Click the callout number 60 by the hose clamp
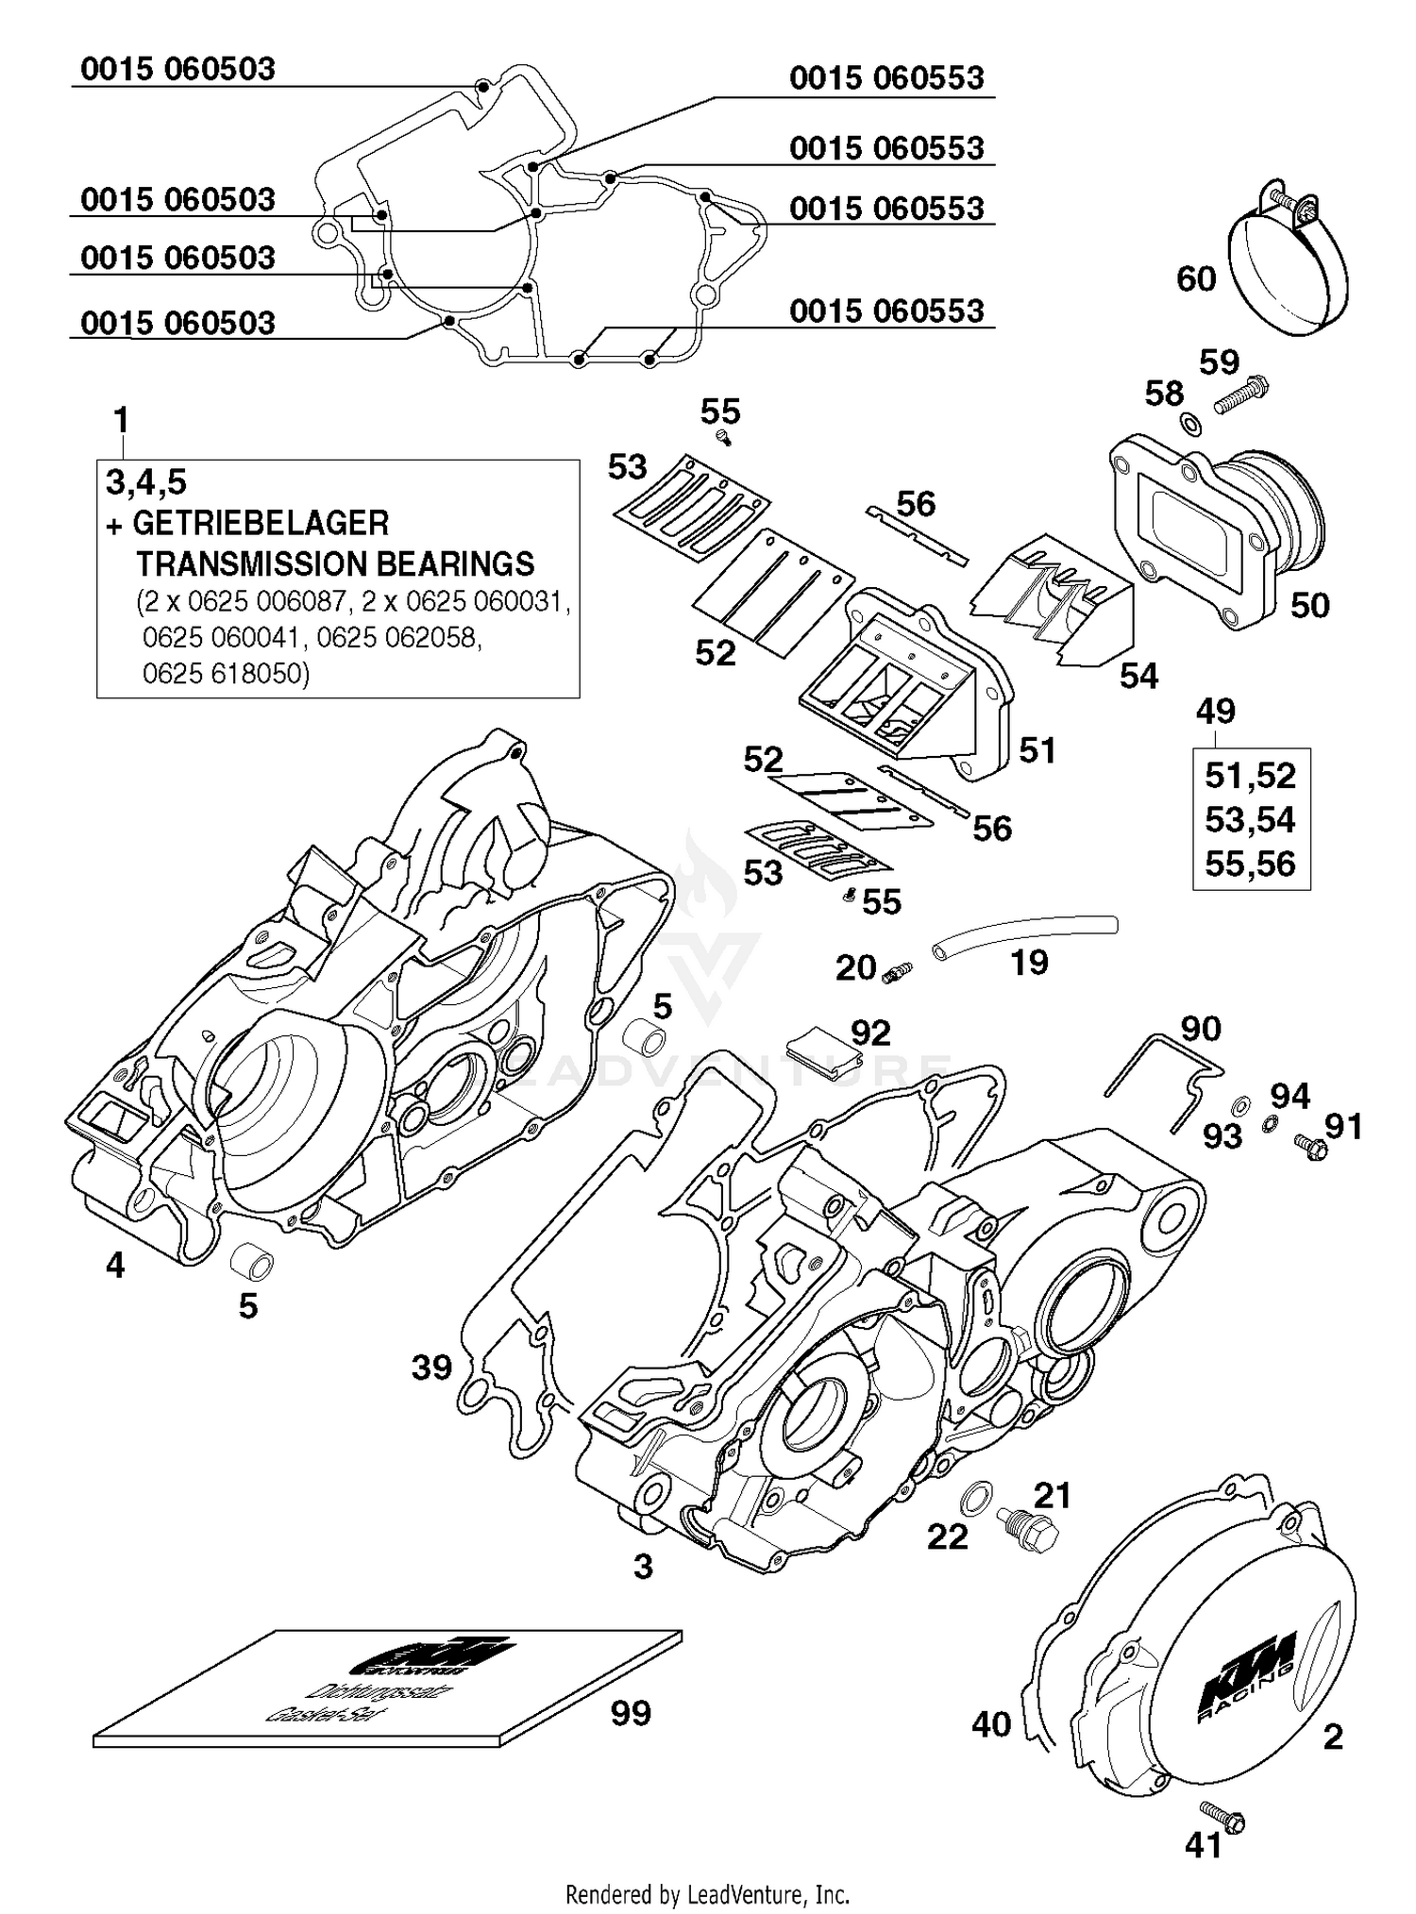1195,278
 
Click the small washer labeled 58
1192,424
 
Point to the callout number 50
1309,605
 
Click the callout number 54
1138,676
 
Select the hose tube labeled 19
1024,937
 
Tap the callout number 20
856,967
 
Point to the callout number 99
630,1713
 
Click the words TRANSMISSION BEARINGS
335,563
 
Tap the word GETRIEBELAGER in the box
261,523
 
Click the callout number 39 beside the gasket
431,1367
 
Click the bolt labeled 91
1313,1147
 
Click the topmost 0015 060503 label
177,69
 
